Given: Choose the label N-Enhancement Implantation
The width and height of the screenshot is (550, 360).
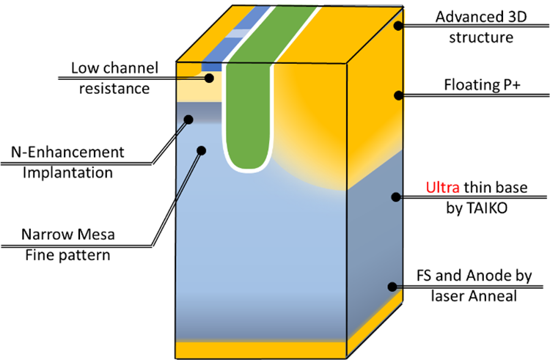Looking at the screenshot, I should [67, 163].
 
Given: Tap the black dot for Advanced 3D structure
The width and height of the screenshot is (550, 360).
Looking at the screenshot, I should [397, 26].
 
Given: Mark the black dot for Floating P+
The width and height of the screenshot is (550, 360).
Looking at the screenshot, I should [397, 95].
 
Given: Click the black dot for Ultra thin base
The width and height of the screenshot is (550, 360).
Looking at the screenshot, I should [397, 196].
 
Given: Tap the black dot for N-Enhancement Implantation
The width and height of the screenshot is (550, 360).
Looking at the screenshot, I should [188, 119].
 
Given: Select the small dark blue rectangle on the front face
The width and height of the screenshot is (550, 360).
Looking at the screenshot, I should [211, 67].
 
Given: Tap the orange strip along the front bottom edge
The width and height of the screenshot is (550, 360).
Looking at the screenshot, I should [260, 347].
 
